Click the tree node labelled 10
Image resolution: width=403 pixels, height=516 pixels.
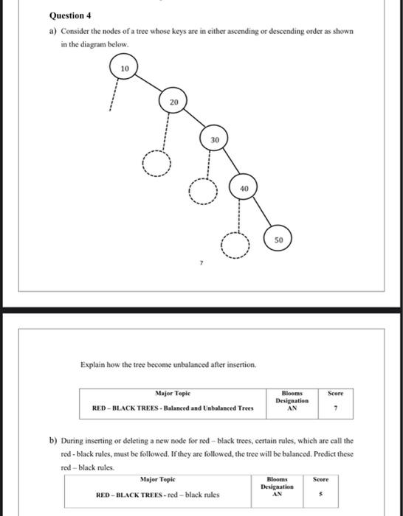tap(125, 69)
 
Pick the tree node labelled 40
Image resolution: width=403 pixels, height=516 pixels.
tap(244, 188)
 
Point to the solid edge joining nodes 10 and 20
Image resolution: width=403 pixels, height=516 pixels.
tap(150, 86)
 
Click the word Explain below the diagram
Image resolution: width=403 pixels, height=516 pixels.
tap(92, 366)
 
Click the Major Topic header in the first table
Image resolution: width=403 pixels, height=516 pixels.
tap(172, 394)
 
